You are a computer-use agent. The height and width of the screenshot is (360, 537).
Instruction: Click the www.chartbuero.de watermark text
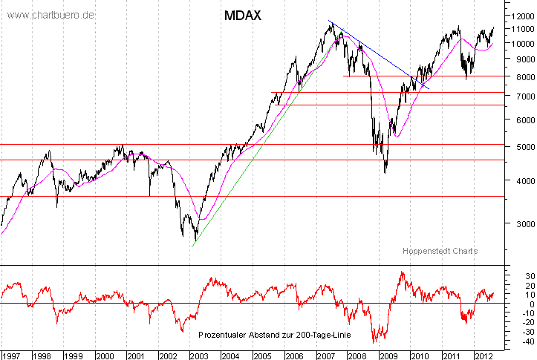click(x=51, y=15)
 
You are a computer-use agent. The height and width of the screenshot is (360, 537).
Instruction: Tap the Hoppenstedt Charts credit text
click(x=440, y=251)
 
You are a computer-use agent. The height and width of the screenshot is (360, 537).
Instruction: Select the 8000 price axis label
click(x=518, y=76)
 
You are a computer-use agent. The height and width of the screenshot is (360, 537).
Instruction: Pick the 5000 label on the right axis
click(x=518, y=147)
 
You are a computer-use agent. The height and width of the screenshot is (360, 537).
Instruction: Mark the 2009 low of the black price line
click(x=385, y=173)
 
